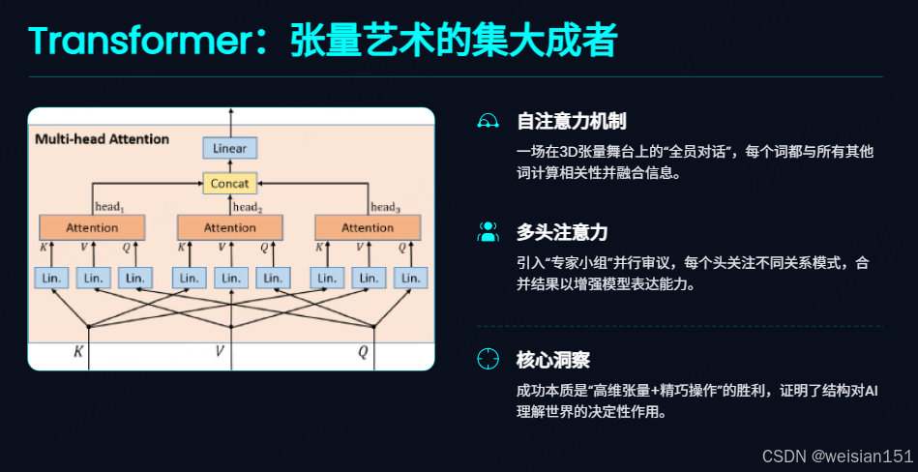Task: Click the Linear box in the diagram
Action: (x=229, y=148)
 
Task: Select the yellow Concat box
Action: (x=229, y=183)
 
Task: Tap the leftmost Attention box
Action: (x=92, y=227)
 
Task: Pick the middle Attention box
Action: (x=230, y=227)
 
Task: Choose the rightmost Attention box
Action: (x=368, y=227)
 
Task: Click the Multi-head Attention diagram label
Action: (x=102, y=139)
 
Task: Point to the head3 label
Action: (x=385, y=206)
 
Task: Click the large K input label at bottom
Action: (x=78, y=352)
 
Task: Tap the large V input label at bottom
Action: (x=219, y=352)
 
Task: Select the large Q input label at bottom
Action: (x=363, y=352)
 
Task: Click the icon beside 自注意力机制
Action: (x=488, y=121)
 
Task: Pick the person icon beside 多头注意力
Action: (x=488, y=232)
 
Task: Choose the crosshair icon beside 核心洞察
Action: (x=488, y=360)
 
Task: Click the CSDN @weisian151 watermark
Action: (x=837, y=456)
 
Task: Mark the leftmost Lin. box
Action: (x=51, y=278)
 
